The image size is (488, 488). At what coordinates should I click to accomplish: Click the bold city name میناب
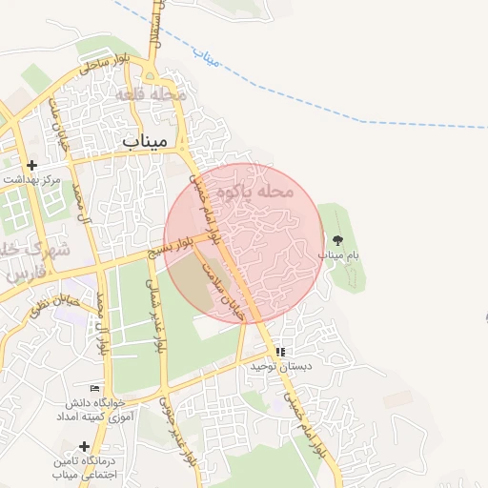145,140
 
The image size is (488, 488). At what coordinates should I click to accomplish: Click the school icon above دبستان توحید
281,352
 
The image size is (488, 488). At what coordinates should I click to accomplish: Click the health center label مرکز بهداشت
30,179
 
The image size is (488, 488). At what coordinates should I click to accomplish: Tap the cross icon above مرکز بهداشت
33,165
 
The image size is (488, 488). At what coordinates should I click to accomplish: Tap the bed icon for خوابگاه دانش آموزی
93,388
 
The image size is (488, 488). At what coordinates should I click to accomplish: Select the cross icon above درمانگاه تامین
85,446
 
